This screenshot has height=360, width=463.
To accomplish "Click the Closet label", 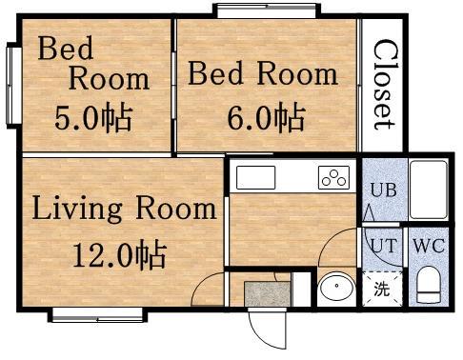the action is click(385, 85).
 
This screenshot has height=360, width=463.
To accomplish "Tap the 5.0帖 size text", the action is click(93, 118).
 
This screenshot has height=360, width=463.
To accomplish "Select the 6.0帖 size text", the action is click(266, 118).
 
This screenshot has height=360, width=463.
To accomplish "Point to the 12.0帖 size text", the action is click(120, 255).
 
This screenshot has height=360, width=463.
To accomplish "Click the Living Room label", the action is click(124, 209).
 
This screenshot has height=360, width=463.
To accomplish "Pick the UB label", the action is click(384, 190).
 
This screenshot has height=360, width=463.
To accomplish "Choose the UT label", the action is click(384, 246).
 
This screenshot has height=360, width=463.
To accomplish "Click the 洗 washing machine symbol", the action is click(382, 289).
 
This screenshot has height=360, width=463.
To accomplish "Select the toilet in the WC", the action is click(429, 285).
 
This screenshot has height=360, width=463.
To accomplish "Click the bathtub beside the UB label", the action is click(429, 190).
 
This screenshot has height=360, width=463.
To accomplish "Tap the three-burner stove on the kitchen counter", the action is click(333, 178).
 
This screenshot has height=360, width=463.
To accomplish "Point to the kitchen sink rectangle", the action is click(255, 178).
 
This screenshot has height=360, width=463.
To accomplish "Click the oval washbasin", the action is click(336, 286).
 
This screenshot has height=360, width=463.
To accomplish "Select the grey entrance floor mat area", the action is click(268, 294).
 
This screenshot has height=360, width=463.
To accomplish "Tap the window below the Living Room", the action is click(97, 315).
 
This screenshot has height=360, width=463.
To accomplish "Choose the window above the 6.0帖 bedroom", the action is click(267, 10).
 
